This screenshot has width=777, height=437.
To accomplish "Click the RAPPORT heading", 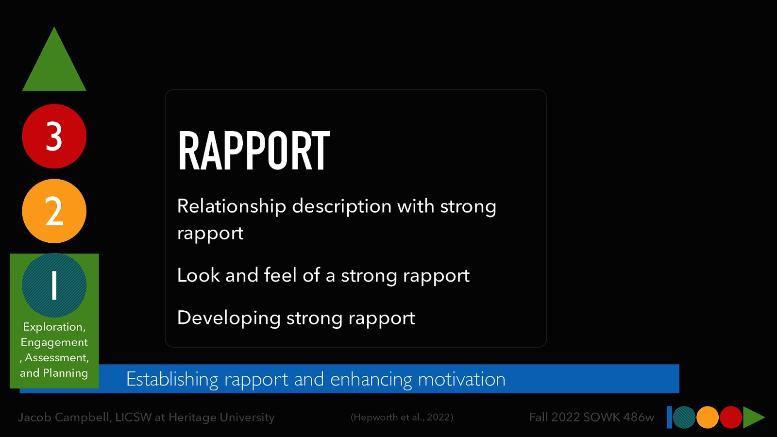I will pos(253,151).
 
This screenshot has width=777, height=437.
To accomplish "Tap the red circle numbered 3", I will pos(54,136).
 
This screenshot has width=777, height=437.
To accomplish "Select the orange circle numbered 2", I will pos(54,211).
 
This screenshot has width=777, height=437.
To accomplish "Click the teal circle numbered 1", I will pos(54,285).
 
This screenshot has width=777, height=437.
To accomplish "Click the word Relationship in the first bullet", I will pos(231,206).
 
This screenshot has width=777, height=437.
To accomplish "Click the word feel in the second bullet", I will pos(280,275).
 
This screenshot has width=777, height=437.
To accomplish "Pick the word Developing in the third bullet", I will pos(229,318).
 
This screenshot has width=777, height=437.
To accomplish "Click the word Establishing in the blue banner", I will pos(172,379).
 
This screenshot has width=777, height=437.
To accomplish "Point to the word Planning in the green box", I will pos(66,373).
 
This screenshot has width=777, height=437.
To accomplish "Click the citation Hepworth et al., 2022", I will pos(402,417).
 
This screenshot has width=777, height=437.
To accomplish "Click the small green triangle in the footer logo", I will pos(753,418).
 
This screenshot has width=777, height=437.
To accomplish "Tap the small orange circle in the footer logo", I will pos(708,418).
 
